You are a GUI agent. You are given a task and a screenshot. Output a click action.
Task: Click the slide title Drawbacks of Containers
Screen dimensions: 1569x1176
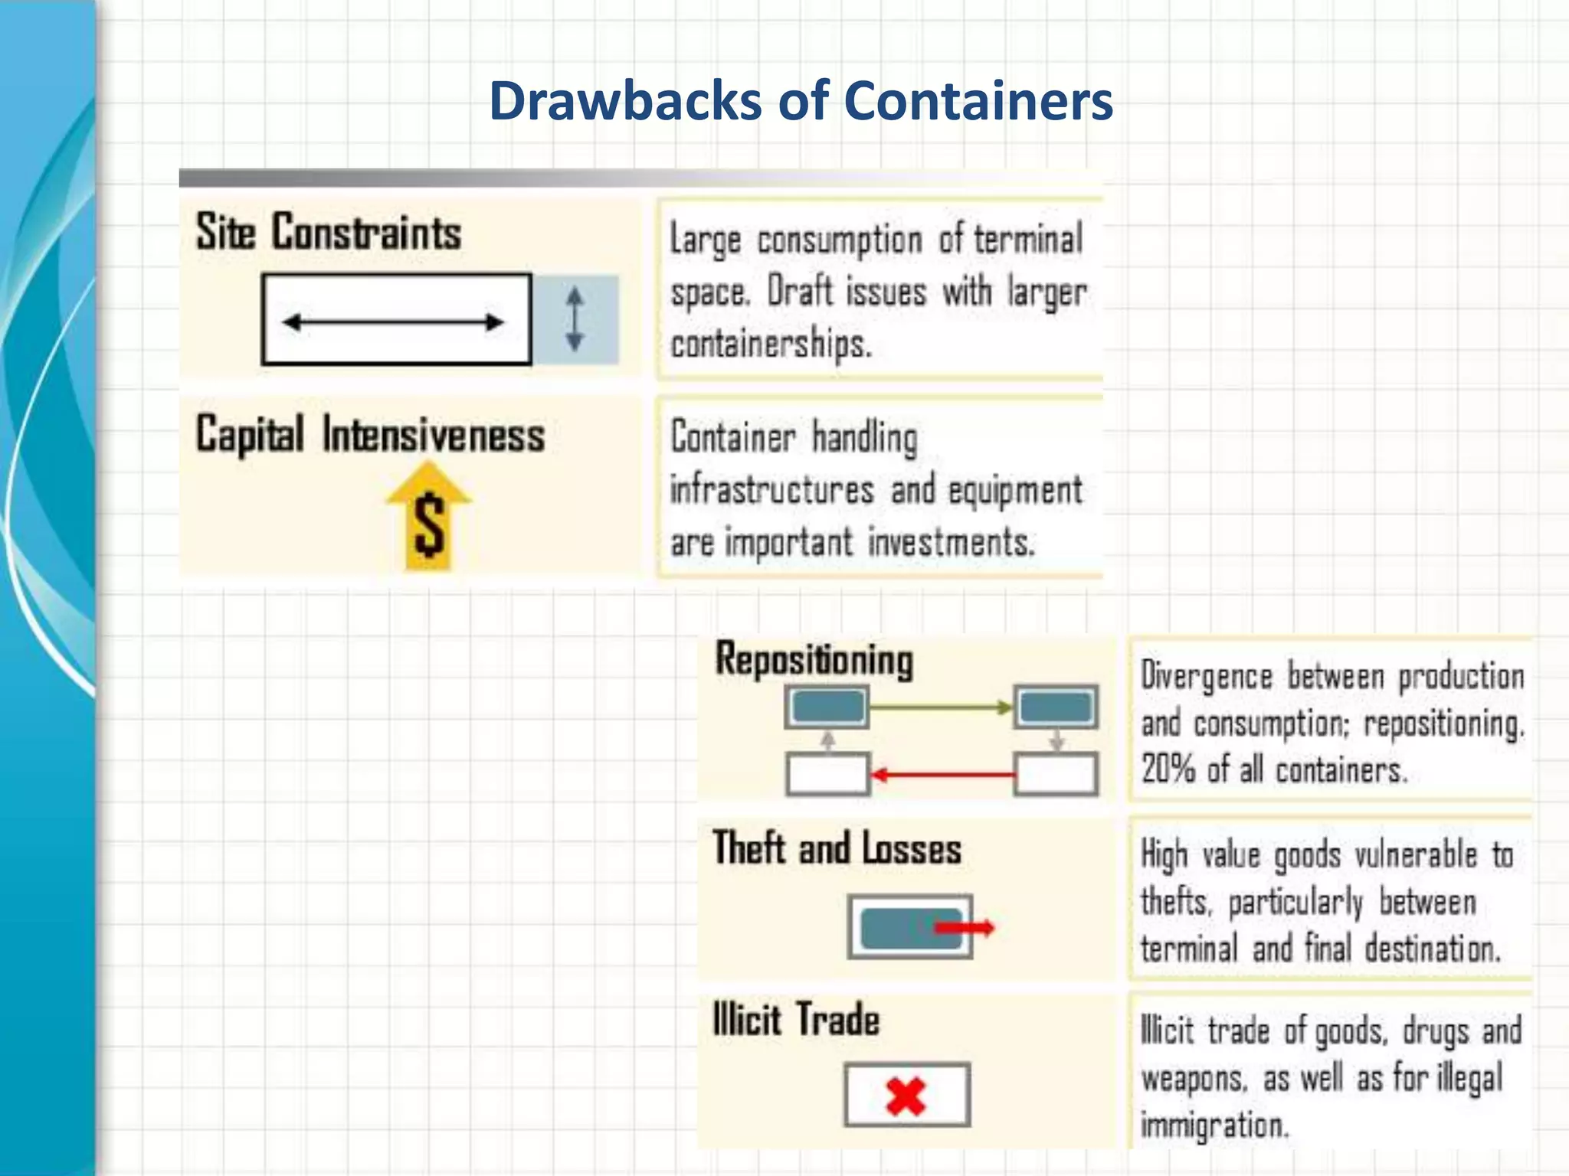point(801,101)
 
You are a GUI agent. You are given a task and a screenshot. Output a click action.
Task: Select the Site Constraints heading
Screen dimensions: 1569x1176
point(329,232)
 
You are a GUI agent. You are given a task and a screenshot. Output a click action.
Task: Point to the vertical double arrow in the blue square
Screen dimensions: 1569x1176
point(575,319)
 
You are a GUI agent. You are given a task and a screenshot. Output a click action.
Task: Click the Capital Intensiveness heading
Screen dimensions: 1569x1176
point(370,435)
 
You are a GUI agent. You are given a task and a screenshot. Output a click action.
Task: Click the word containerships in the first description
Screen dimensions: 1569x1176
point(771,344)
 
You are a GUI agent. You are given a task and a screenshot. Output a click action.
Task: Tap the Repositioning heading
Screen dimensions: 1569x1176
point(814,660)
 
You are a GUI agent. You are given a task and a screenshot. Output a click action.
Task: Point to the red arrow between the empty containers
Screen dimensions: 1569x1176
point(942,775)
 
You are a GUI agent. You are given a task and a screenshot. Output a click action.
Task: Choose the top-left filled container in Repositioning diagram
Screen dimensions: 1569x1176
point(827,707)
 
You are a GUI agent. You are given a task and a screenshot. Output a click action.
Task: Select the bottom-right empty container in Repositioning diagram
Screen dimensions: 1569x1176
point(1056,774)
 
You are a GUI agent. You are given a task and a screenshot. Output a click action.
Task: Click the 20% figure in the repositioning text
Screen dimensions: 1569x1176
point(1168,769)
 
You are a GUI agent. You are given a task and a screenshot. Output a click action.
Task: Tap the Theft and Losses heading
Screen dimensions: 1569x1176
point(837,849)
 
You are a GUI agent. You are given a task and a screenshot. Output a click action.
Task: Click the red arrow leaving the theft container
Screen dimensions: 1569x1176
point(965,928)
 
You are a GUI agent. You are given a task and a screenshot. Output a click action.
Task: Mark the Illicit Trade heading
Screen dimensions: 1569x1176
point(796,1020)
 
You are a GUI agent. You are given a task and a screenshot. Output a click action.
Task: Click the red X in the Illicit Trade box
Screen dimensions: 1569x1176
point(906,1095)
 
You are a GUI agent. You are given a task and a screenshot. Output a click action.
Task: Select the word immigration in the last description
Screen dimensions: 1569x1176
point(1215,1125)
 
